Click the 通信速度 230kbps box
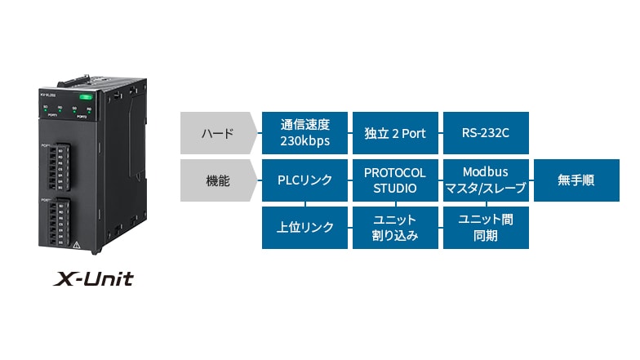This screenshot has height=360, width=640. [x=304, y=133]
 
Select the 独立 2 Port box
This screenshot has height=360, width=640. [x=395, y=133]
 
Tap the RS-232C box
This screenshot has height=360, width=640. [x=485, y=133]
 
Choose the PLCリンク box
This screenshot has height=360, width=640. [x=304, y=180]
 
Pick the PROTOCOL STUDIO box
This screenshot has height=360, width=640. [x=395, y=180]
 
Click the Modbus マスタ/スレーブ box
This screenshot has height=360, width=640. [x=485, y=180]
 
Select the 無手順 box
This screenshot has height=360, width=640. [x=576, y=180]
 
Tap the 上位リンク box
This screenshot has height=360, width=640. [x=304, y=228]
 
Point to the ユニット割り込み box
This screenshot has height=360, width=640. [x=395, y=228]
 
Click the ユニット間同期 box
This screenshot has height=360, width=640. [x=485, y=228]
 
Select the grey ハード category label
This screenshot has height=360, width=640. [x=216, y=133]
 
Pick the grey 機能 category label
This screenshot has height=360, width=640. [x=216, y=180]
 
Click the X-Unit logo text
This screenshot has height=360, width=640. [x=93, y=279]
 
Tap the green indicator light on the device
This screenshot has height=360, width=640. [x=87, y=97]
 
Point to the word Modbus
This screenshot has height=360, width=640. [x=485, y=172]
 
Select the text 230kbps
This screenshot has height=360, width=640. [x=304, y=140]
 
